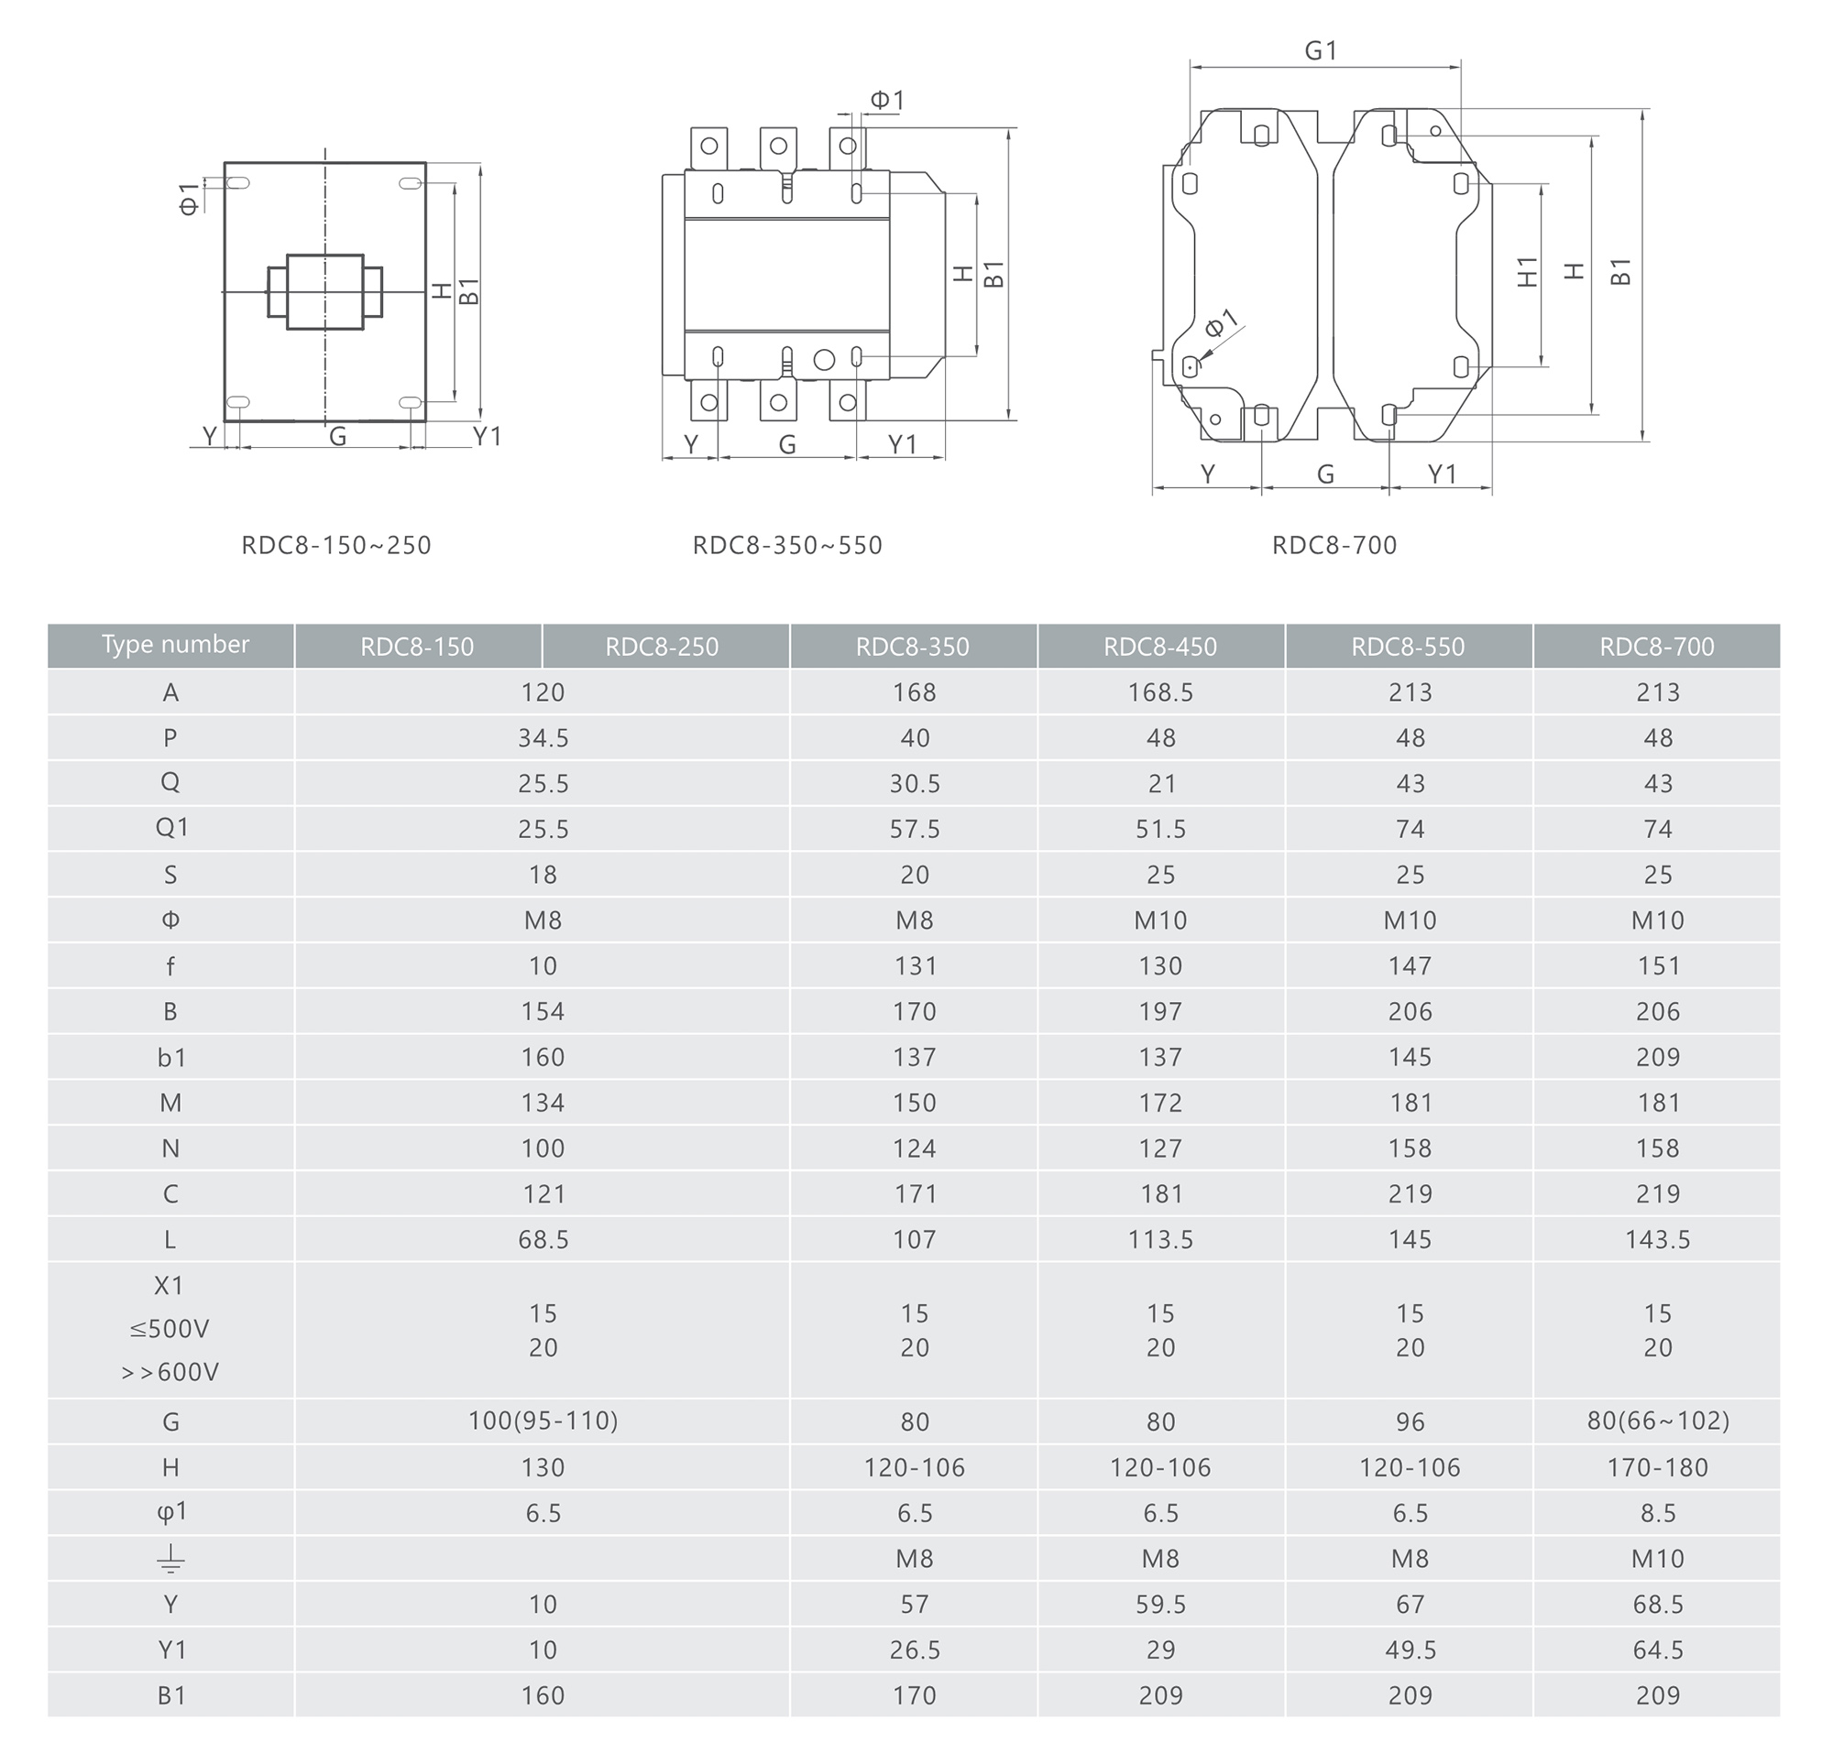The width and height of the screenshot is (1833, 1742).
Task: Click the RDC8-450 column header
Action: coord(1159,647)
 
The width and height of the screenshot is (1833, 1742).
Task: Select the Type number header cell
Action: coord(171,646)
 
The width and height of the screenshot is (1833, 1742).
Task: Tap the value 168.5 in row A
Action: coord(1160,692)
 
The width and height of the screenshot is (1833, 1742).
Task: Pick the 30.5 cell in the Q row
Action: coord(914,784)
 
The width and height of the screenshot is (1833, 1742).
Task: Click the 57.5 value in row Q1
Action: coord(914,829)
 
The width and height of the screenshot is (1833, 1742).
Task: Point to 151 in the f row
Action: coord(1657,966)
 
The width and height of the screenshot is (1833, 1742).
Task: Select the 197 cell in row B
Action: coord(1160,1012)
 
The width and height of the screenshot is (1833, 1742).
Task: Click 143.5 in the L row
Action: coord(1657,1240)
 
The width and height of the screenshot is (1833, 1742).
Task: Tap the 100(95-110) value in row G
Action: coord(543,1421)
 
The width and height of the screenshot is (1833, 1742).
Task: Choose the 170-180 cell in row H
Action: coord(1657,1468)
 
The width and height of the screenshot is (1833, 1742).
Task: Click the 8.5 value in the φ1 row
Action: coord(1657,1514)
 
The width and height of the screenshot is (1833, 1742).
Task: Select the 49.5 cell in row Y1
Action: coord(1410,1650)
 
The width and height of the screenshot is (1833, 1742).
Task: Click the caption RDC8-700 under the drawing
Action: coord(1334,545)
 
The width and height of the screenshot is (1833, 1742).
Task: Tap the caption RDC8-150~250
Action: coord(336,545)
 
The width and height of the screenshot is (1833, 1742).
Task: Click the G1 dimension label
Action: coord(1320,50)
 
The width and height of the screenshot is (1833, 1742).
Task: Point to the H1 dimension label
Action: coord(1527,272)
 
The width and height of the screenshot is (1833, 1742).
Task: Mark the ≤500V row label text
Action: coord(169,1330)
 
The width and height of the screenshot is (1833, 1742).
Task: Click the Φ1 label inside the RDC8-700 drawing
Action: coord(1222,323)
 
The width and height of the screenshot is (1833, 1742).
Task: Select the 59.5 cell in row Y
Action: coord(1160,1605)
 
